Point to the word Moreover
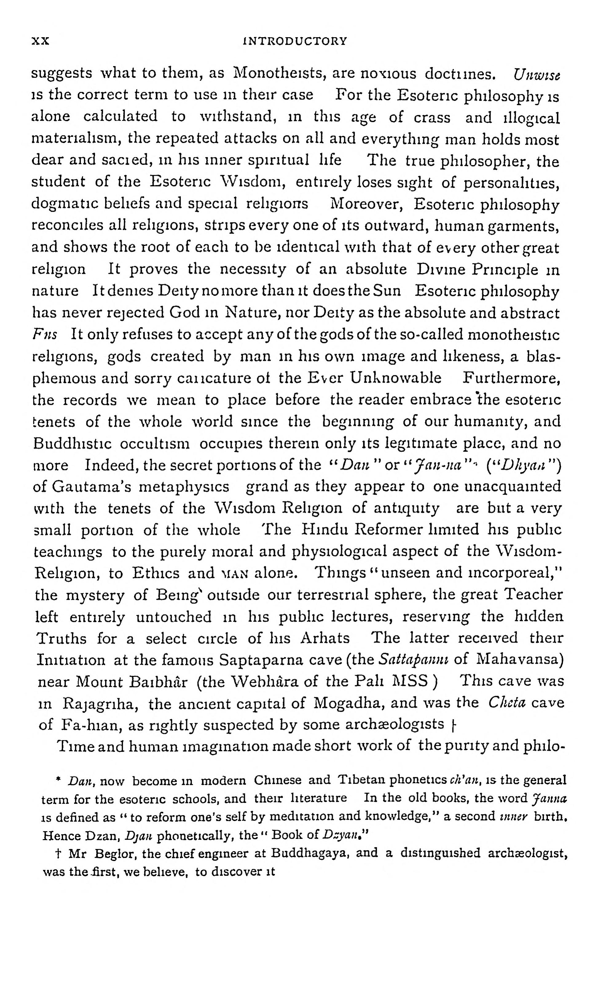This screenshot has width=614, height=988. [x=366, y=203]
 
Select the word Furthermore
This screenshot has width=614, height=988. [x=512, y=378]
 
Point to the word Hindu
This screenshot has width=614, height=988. [x=326, y=530]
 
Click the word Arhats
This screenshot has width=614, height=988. [x=325, y=638]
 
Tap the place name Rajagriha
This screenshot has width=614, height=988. [x=101, y=704]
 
